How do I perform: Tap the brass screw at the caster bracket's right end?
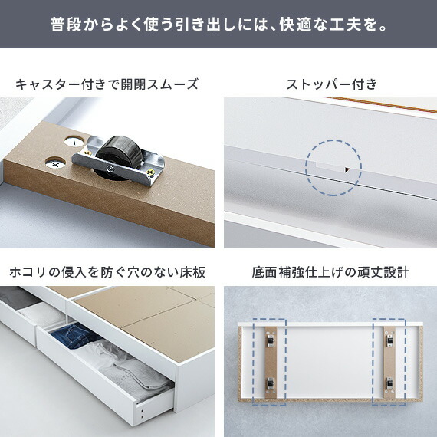[150, 172]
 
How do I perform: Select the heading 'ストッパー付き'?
[332, 84]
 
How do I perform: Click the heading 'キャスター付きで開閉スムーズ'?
[107, 84]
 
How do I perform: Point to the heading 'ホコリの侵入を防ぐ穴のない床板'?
[107, 272]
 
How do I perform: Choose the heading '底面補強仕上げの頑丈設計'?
[330, 272]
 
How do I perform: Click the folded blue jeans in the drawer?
[74, 335]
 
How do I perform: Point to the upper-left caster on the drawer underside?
[270, 340]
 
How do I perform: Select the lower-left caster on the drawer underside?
[270, 383]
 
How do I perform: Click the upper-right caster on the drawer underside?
[389, 340]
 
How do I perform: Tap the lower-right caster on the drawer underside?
[389, 383]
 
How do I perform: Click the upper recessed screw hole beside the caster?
[74, 142]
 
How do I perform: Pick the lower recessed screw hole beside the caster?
[55, 163]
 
